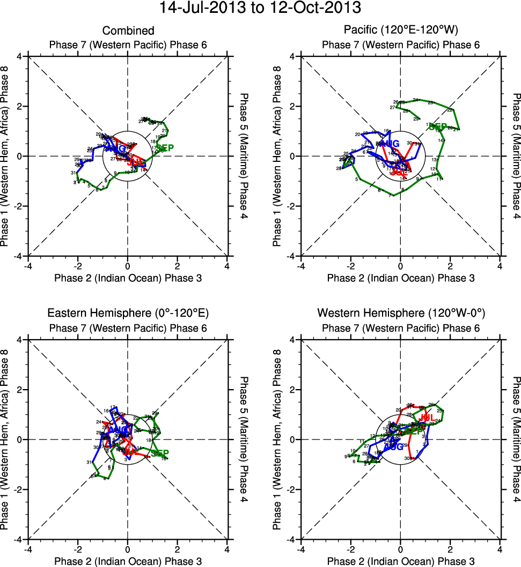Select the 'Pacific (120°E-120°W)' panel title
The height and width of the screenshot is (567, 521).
pos(400,31)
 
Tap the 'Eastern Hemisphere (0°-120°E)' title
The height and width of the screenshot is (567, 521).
pos(128,314)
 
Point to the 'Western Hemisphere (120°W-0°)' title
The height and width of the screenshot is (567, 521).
pos(400,314)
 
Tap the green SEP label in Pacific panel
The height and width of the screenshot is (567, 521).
pos(438,127)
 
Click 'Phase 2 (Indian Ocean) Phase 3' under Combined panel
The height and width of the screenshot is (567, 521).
pos(128,278)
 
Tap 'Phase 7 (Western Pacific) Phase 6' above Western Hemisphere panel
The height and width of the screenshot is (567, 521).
pos(400,328)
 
